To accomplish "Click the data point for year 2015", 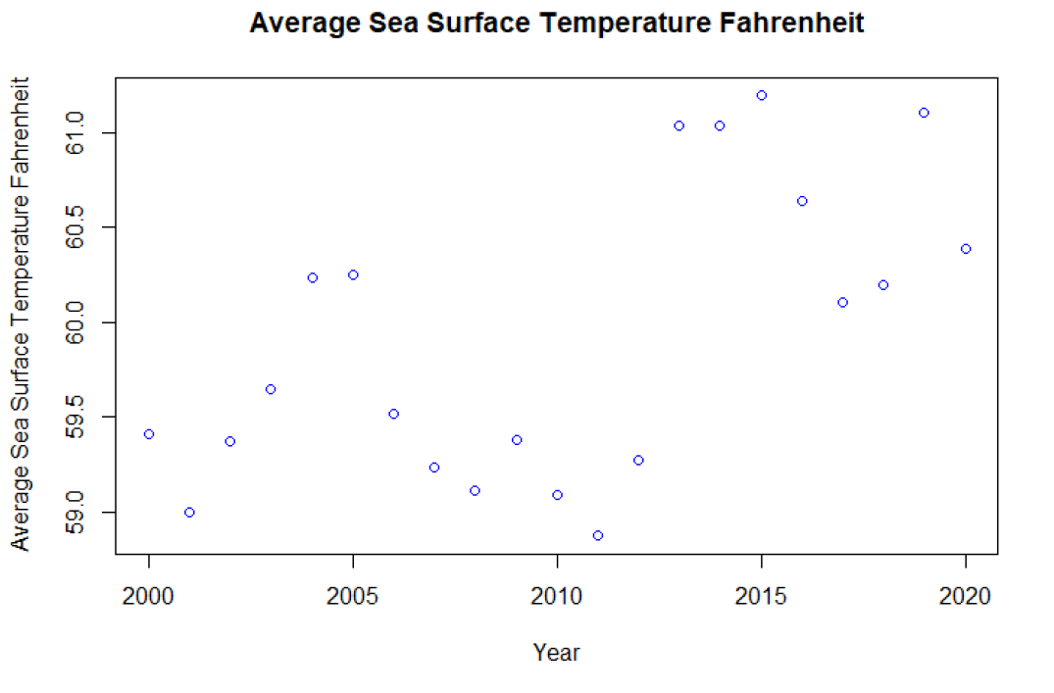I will click(761, 95).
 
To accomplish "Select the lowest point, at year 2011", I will click(598, 535).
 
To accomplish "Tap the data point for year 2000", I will click(149, 434).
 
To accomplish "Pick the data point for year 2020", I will click(966, 249).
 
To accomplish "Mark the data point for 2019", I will click(924, 113).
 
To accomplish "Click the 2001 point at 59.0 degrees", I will click(189, 512).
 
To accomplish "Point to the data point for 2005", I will click(353, 274).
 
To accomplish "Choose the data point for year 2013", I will click(678, 125).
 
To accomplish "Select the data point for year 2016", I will click(802, 201).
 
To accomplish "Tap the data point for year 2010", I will click(557, 495).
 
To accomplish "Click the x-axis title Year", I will click(556, 652).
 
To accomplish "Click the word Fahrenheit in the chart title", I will click(785, 24).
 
